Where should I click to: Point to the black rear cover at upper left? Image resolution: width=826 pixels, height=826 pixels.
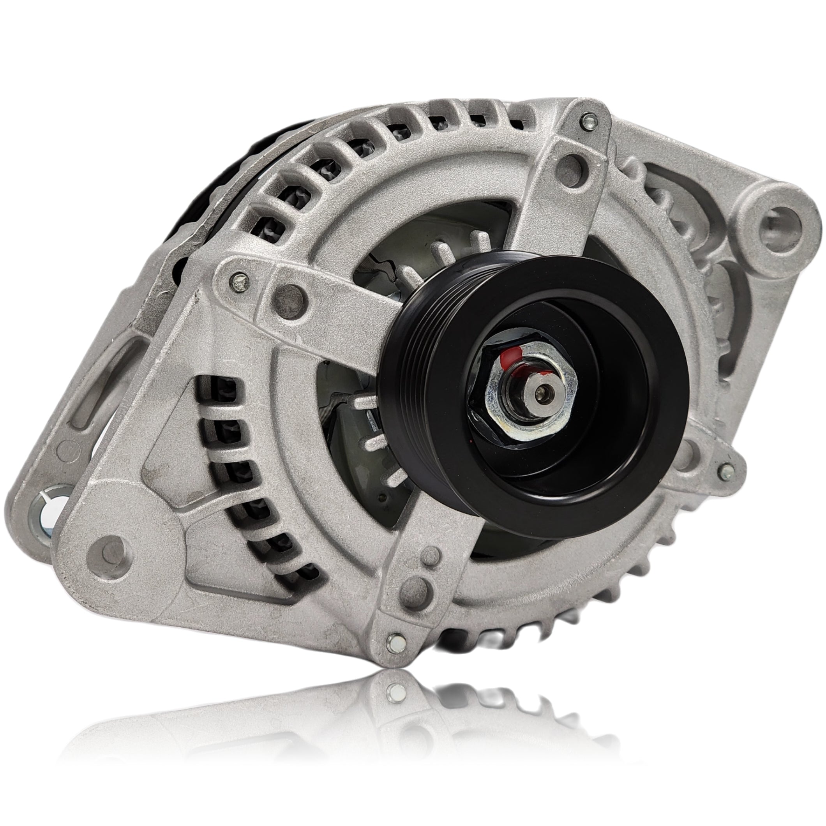click(x=222, y=180)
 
